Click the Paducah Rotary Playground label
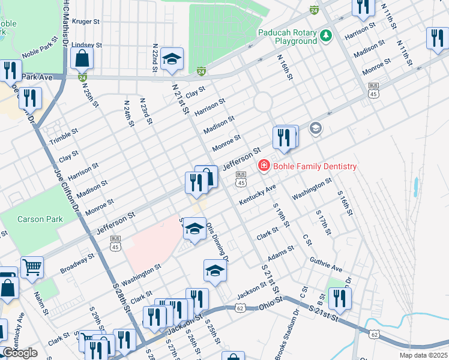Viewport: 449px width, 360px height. click(x=287, y=37)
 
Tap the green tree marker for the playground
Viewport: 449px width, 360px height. click(x=325, y=36)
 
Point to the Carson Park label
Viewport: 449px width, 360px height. click(x=40, y=219)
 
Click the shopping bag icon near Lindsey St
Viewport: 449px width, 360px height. click(x=82, y=59)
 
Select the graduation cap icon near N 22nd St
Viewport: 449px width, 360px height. click(x=172, y=59)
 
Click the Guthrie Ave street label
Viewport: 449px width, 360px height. click(x=325, y=265)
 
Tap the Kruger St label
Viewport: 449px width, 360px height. click(x=85, y=21)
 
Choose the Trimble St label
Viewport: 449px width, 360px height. click(x=64, y=136)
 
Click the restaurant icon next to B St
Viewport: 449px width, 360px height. click(x=340, y=299)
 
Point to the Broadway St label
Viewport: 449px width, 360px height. click(x=77, y=263)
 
